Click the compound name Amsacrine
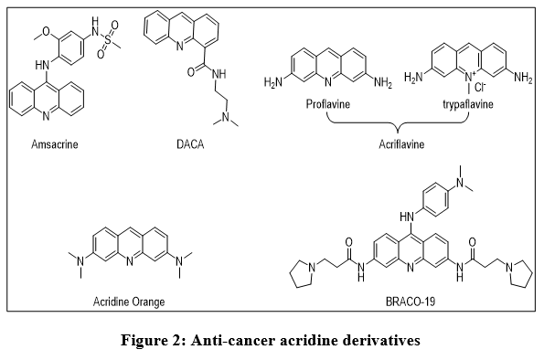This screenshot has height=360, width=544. point(55,144)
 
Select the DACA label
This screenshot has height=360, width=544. point(190,144)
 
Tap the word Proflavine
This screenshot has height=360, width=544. point(328,103)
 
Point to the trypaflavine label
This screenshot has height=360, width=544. point(468,104)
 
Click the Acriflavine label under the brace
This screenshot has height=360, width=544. point(401,144)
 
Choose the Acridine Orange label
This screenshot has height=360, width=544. point(129,302)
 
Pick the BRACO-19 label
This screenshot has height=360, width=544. point(411,302)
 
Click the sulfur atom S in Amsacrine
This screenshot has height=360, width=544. point(108,40)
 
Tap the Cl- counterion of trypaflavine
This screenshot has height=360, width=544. point(480,87)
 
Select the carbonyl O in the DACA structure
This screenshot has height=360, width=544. point(191,72)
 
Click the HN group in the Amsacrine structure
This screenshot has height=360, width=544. point(42,64)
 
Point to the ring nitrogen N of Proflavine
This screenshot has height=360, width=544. point(328,82)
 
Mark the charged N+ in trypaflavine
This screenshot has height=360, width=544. point(469,75)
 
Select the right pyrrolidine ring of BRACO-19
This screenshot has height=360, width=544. point(519,273)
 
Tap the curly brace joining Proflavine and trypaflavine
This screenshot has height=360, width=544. point(398,122)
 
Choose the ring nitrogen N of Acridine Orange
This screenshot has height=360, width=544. point(130,260)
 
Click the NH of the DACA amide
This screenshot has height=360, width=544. point(219,73)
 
